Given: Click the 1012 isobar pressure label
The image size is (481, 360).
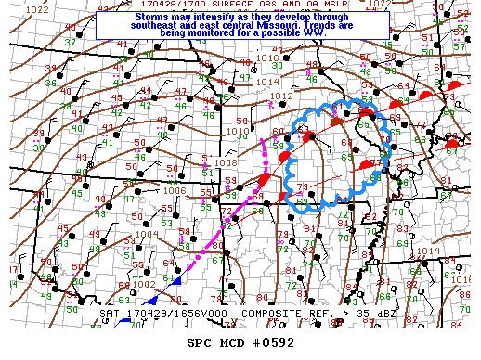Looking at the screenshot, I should [281, 96].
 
